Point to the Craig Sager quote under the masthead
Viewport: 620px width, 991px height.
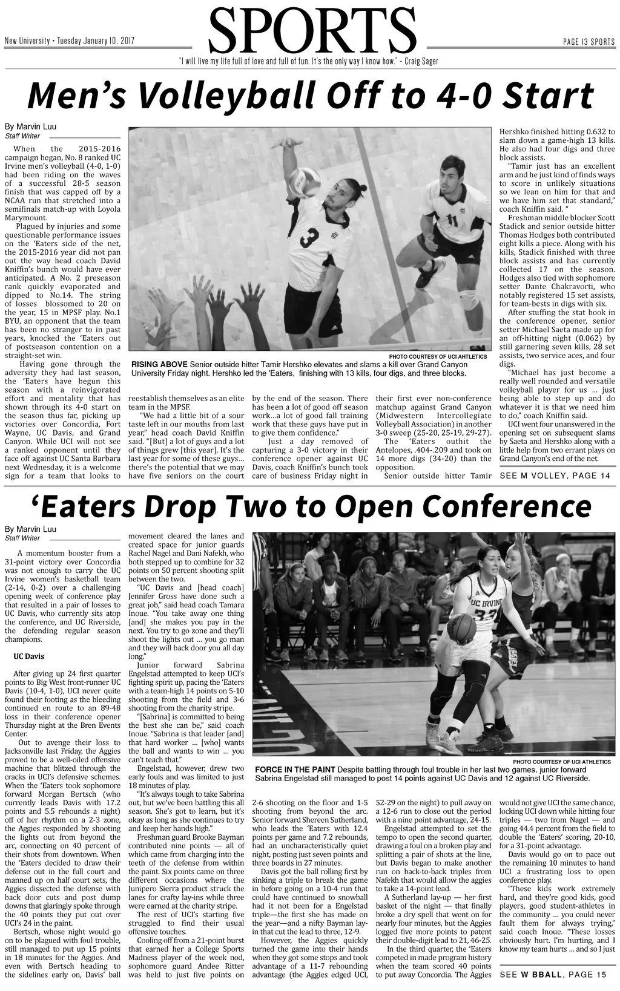click(309, 62)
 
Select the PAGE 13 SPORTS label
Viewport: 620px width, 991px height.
click(589, 41)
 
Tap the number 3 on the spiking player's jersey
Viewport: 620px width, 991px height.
click(309, 238)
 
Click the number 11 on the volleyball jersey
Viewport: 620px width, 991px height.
click(452, 219)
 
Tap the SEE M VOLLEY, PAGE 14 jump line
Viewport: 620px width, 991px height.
click(555, 476)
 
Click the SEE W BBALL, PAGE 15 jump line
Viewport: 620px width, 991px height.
click(553, 974)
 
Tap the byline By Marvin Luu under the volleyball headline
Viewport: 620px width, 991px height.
click(30, 126)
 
